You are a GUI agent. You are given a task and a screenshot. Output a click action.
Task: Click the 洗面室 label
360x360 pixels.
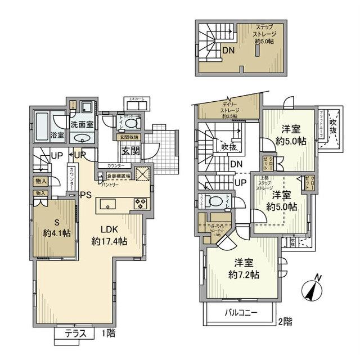(82, 124)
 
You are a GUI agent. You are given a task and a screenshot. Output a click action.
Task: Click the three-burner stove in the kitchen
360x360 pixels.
(139, 204)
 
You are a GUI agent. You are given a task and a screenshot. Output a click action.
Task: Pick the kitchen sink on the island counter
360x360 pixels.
(107, 203)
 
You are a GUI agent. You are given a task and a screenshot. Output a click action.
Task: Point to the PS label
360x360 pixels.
(84, 196)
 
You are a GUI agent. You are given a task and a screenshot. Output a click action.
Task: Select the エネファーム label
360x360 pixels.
(137, 100)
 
